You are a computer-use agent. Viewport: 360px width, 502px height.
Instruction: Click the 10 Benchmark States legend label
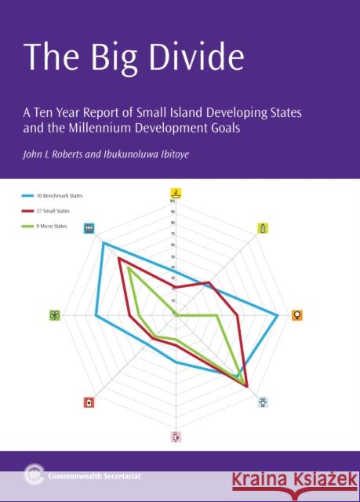tap(60, 195)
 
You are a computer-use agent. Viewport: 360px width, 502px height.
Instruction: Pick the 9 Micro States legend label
tap(53, 227)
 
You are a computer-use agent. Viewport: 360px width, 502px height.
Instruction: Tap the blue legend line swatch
tap(28, 195)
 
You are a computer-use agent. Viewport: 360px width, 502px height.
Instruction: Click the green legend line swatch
tap(28, 227)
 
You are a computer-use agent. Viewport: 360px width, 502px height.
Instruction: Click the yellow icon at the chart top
tap(176, 193)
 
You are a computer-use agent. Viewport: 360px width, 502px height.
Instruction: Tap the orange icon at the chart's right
tap(297, 315)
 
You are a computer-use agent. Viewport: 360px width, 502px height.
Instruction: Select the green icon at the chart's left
tap(54, 315)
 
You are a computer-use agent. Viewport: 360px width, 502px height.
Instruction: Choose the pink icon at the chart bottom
tap(176, 437)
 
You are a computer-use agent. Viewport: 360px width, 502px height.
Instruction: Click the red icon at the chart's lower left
tap(89, 402)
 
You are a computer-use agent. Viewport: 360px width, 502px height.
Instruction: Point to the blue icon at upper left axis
tap(89, 228)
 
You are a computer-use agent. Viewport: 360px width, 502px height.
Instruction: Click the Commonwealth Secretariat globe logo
tap(32, 473)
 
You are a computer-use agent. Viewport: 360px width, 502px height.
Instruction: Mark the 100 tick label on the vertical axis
tap(171, 201)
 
